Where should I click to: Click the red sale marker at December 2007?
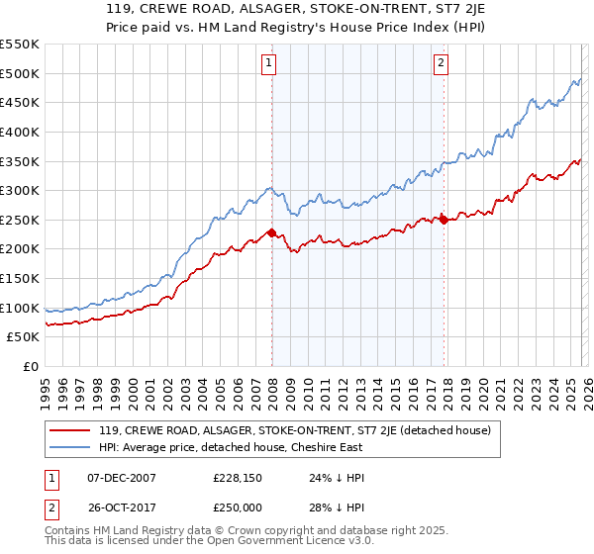click(x=271, y=232)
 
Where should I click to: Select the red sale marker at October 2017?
click(x=444, y=220)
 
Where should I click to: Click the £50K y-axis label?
click(x=24, y=337)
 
